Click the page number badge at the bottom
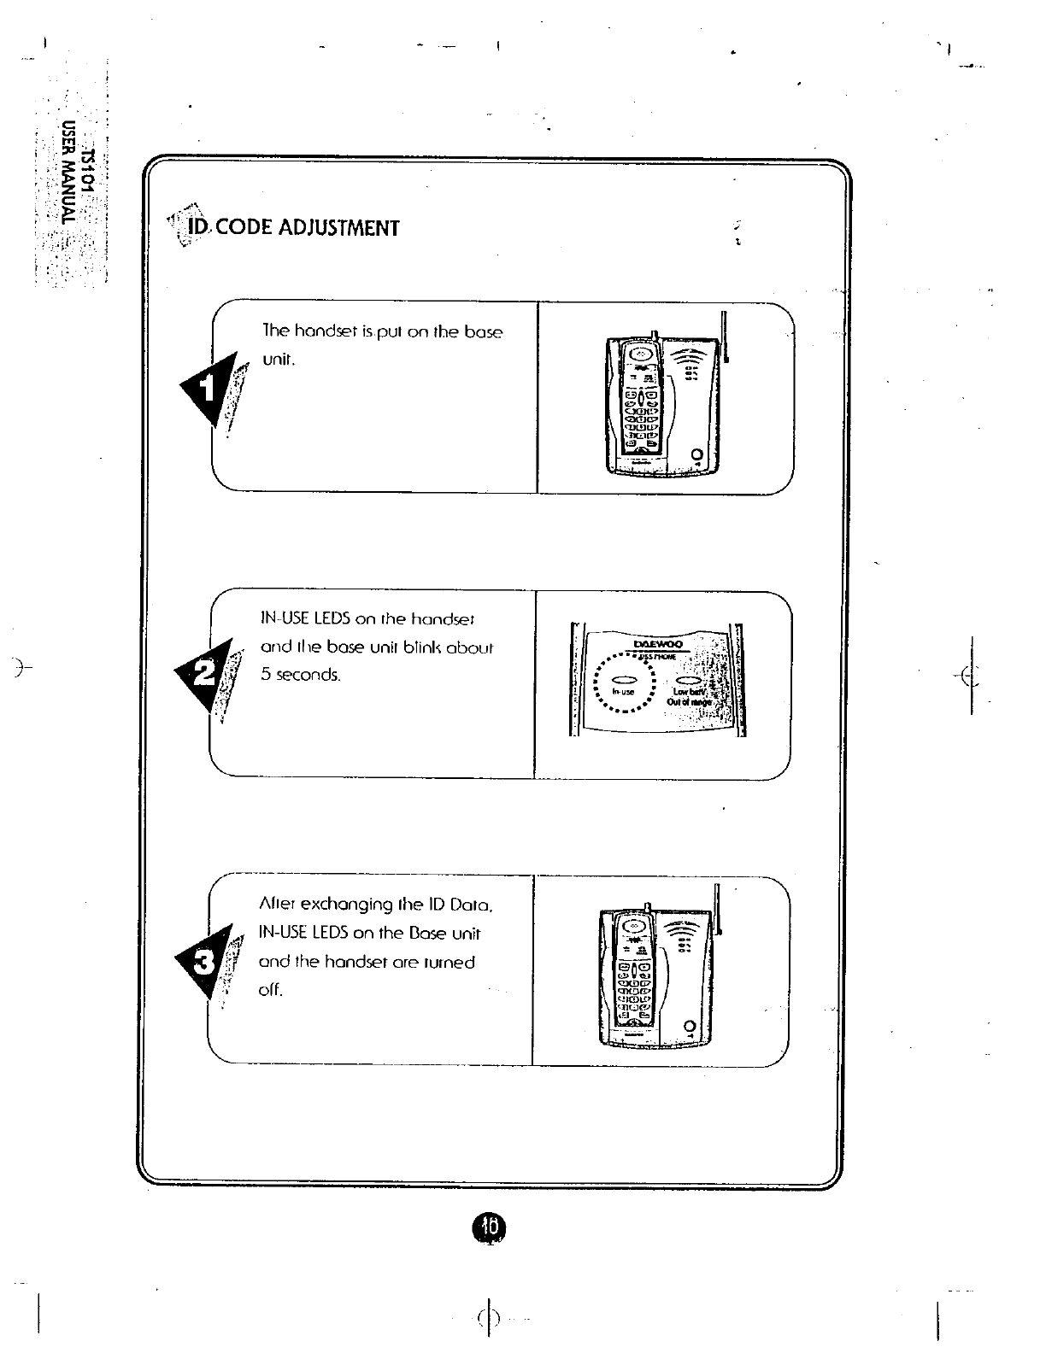(x=489, y=1227)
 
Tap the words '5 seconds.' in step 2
(x=299, y=676)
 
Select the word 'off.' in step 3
(x=270, y=991)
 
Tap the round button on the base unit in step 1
(x=697, y=454)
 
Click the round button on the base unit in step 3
(x=690, y=1025)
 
